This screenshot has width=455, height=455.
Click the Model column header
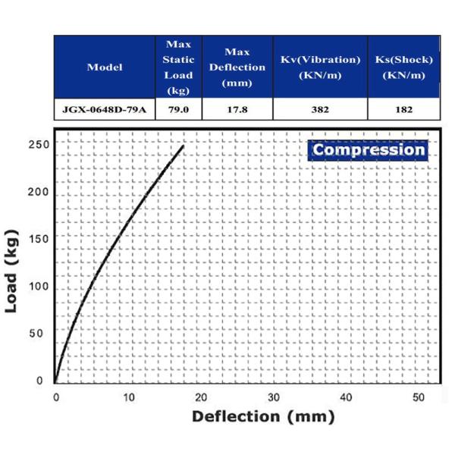(105, 67)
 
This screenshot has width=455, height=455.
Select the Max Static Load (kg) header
(179, 67)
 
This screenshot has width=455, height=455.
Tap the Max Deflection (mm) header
(237, 67)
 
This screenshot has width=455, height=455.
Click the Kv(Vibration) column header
(320, 67)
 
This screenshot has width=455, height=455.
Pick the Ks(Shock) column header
(403, 67)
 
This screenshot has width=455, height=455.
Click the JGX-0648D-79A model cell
(105, 109)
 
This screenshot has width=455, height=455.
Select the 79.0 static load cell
(179, 109)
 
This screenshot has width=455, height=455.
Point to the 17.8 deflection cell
(237, 109)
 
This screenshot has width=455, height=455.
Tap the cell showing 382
(320, 109)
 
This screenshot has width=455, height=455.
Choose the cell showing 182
(403, 109)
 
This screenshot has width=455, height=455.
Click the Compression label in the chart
(369, 149)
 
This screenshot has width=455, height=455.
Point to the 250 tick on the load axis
(39, 144)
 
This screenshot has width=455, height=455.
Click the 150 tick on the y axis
(39, 239)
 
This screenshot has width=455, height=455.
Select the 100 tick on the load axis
(39, 287)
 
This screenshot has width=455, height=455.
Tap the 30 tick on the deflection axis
(274, 398)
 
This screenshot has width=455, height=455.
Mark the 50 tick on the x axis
(419, 398)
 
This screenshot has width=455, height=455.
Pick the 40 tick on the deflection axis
(347, 398)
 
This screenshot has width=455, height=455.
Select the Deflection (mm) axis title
(262, 416)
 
